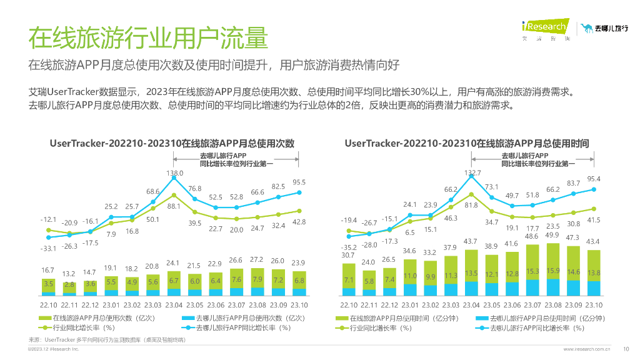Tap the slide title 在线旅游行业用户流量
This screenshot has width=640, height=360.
[147, 37]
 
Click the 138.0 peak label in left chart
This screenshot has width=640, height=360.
[174, 173]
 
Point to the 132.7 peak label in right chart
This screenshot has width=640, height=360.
[472, 173]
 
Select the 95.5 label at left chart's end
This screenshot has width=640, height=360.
[299, 182]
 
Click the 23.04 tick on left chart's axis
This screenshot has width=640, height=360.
[174, 305]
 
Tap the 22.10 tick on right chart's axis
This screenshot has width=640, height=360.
[349, 305]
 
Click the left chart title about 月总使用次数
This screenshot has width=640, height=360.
[172, 143]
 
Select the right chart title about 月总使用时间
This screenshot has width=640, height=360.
[466, 143]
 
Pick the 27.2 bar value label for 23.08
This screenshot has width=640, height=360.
[257, 259]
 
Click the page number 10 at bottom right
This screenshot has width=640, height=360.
[626, 349]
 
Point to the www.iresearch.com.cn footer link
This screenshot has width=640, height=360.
[587, 349]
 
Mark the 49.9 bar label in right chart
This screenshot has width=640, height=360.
[552, 235]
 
